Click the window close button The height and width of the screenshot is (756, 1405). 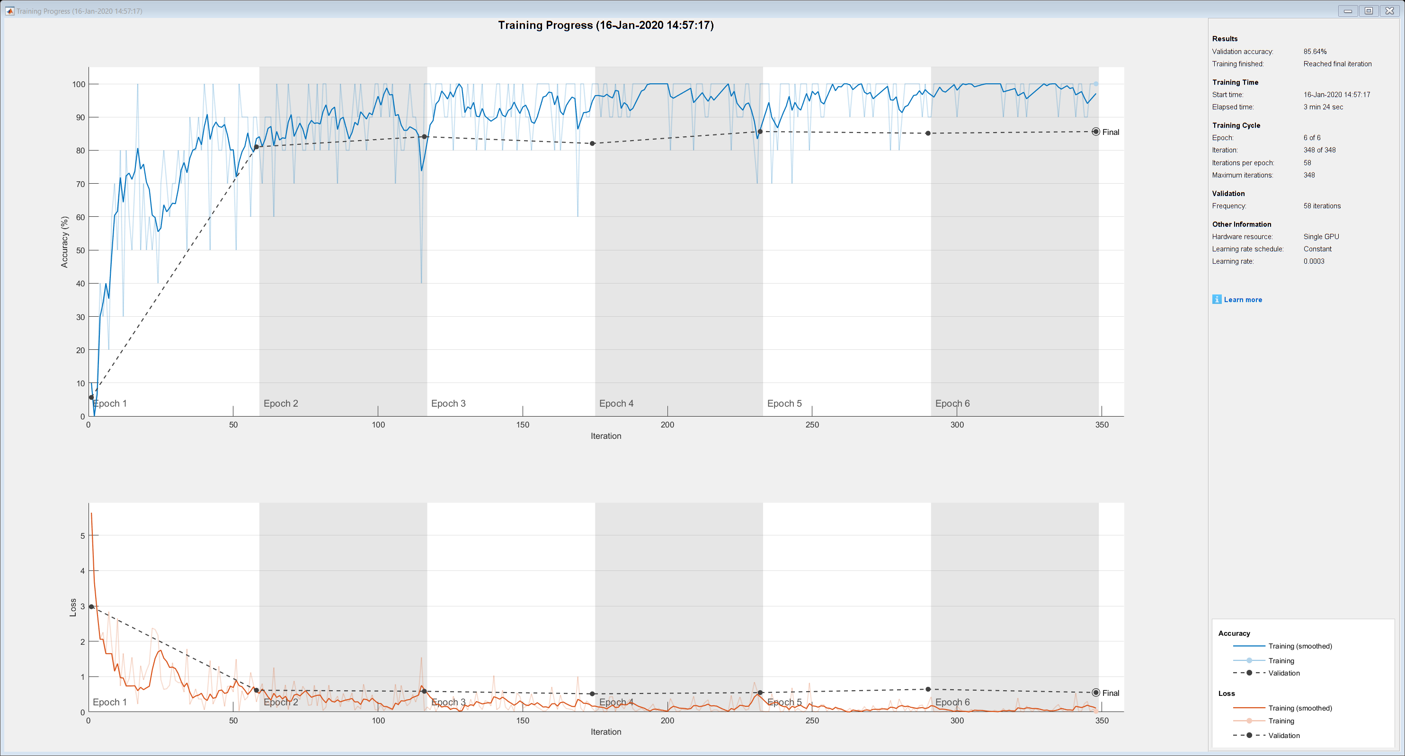[1390, 11]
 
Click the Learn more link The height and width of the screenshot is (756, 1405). [1243, 300]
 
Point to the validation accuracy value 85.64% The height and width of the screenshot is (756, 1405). [1315, 51]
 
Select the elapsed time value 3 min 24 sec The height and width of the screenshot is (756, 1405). [1323, 107]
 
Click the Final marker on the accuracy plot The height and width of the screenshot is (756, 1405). [1096, 132]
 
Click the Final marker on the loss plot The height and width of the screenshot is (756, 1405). [1096, 693]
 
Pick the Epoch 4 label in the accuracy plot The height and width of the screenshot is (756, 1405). [616, 404]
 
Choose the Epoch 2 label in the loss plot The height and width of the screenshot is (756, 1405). [280, 702]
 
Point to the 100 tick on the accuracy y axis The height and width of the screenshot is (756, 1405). [79, 84]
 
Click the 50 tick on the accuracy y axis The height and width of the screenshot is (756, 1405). [80, 250]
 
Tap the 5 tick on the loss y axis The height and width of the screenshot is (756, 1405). [83, 535]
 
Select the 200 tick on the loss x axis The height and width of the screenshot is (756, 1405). [667, 720]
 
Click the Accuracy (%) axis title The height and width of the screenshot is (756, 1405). [64, 241]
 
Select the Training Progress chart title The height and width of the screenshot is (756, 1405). [605, 25]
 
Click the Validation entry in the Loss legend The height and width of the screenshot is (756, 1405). [1284, 735]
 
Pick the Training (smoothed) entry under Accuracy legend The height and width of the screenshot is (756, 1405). [1300, 646]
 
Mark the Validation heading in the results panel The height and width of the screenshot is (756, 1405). [1228, 194]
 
